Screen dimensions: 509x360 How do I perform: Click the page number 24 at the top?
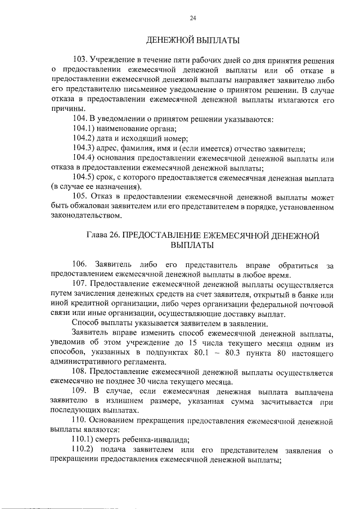click(x=193, y=18)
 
